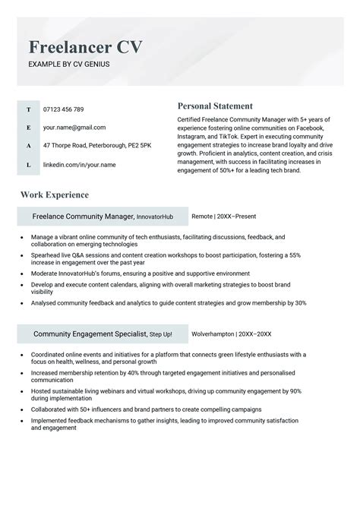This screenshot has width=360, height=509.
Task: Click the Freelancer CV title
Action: pyautogui.click(x=85, y=47)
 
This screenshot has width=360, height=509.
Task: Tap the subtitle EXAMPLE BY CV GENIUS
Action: pyautogui.click(x=69, y=64)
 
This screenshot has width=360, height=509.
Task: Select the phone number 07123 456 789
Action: pyautogui.click(x=64, y=109)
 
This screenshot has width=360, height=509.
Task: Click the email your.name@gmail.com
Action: pyautogui.click(x=74, y=128)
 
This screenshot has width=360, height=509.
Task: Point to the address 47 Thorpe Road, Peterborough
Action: pyautogui.click(x=97, y=145)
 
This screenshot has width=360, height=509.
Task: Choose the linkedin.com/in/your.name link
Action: pyautogui.click(x=80, y=164)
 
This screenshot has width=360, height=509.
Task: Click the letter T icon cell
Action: pyautogui.click(x=29, y=109)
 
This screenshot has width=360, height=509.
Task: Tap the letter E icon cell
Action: pyautogui.click(x=29, y=128)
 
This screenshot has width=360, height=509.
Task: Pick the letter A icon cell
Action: pyautogui.click(x=29, y=145)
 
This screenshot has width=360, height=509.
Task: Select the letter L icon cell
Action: pyautogui.click(x=29, y=164)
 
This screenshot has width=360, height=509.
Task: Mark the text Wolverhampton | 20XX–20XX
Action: pyautogui.click(x=232, y=334)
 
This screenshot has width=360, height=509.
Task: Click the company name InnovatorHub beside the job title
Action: pyautogui.click(x=156, y=217)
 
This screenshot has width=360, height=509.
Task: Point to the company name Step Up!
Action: pyautogui.click(x=161, y=334)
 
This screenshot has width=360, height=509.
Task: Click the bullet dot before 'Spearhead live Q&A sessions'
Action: pyautogui.click(x=23, y=256)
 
